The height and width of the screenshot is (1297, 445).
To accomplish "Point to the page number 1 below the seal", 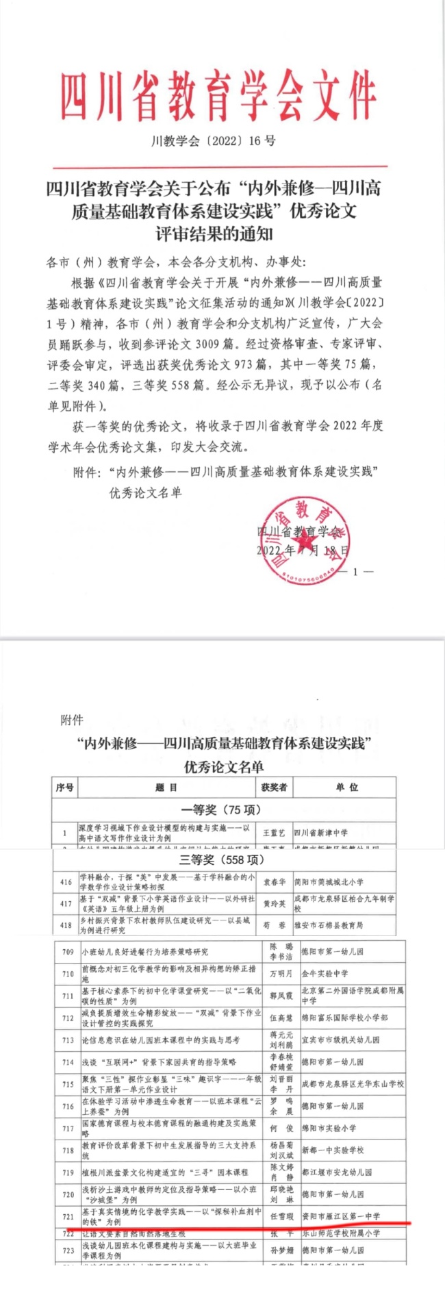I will (355, 571).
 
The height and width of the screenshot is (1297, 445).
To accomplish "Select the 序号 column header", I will (64, 788).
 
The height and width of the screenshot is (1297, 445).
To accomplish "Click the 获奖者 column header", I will (274, 788).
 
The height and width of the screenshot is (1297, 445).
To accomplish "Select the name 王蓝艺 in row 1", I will (274, 833).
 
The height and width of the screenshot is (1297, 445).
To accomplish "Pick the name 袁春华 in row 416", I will (274, 882).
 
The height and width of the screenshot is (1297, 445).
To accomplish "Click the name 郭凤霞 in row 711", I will (281, 996).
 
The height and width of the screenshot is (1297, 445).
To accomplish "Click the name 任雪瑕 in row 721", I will (281, 1216).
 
